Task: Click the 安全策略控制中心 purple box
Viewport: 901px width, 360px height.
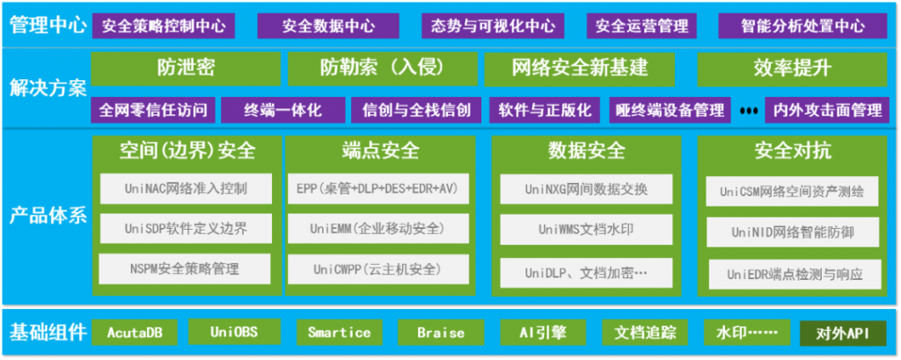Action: (163, 26)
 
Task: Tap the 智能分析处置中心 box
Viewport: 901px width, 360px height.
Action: (802, 26)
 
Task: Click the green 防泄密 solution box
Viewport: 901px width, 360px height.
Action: (187, 69)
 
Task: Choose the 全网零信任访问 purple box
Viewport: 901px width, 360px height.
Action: (153, 110)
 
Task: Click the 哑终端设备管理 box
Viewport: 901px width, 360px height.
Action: (670, 110)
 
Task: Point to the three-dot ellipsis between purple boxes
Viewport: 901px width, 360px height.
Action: (748, 111)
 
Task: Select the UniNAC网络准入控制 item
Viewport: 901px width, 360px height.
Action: (186, 188)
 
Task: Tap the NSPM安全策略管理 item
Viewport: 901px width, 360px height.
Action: (185, 268)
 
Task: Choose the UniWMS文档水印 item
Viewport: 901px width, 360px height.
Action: (586, 229)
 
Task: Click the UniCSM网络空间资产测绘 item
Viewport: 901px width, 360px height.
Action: (792, 192)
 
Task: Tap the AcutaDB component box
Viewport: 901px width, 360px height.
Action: (135, 333)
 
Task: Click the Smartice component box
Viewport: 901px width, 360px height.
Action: (339, 333)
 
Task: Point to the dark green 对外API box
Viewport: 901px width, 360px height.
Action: (843, 334)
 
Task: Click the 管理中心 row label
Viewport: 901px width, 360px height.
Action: (48, 26)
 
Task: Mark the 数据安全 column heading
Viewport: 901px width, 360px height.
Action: (586, 151)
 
